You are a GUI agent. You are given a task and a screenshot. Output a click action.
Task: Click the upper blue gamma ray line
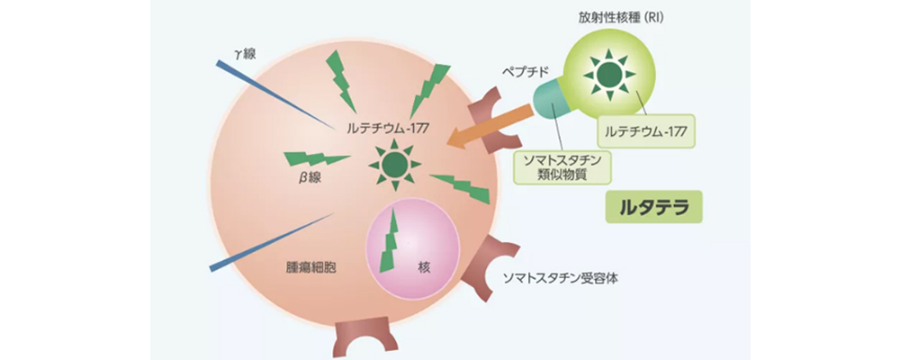click(x=270, y=94)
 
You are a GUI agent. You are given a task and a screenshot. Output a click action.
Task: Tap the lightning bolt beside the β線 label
click(x=315, y=159)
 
